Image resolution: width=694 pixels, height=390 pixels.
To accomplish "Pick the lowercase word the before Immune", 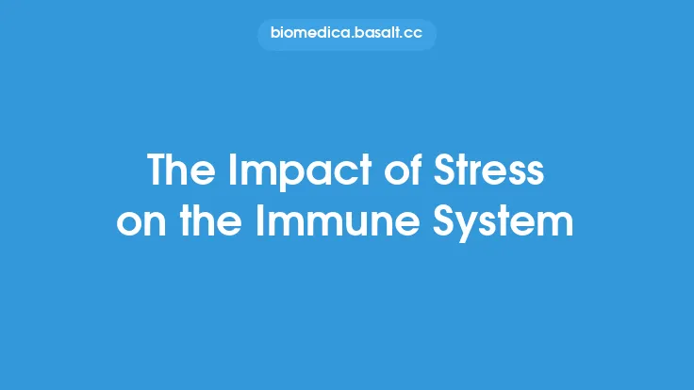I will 212,224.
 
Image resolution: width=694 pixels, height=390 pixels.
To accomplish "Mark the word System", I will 505,224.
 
